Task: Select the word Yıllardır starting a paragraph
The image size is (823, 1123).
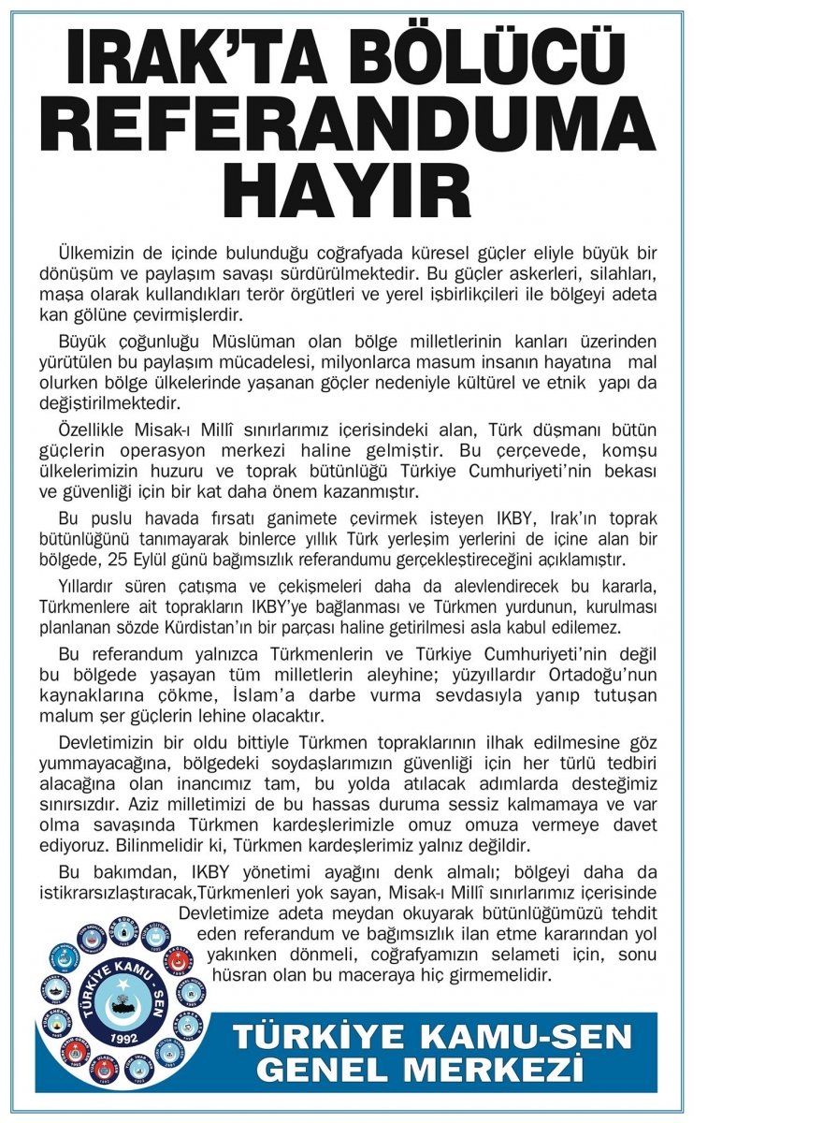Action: (92, 586)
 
